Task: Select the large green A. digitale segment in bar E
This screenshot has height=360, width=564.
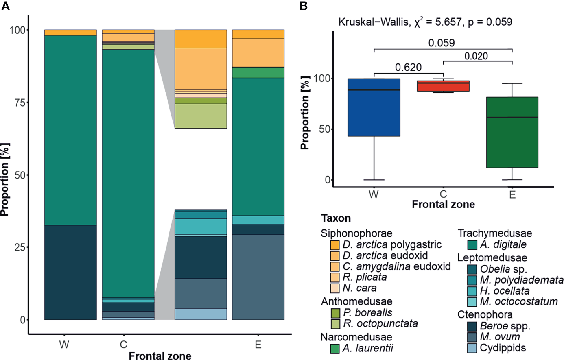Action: coord(258,146)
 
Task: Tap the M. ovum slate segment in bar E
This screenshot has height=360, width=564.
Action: coord(258,277)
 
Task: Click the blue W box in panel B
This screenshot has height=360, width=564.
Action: coord(374,107)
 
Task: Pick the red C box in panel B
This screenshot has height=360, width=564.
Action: coord(443,86)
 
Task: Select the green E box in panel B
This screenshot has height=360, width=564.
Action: coord(512,132)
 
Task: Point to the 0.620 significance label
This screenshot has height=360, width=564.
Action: coord(408,67)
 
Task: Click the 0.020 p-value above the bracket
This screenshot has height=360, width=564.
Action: coord(477,56)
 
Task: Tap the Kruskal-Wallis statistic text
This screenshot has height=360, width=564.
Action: coord(425,22)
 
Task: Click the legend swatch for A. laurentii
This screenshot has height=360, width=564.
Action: coord(335,348)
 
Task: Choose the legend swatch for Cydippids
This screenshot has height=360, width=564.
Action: coord(472,348)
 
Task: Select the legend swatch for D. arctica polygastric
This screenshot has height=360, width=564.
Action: coord(335,245)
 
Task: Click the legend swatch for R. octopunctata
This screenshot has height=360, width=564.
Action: coord(335,324)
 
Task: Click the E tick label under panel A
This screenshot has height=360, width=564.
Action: coord(258,345)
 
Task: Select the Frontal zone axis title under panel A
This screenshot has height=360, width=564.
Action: coord(160,356)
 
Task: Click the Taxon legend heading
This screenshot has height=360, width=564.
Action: coord(336,218)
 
